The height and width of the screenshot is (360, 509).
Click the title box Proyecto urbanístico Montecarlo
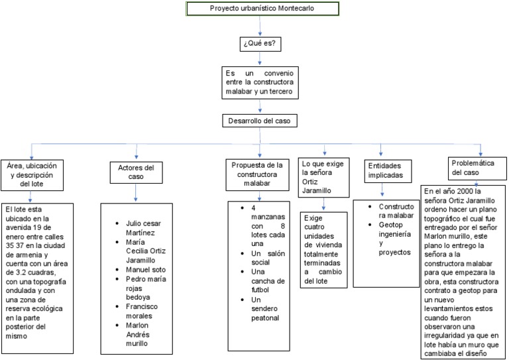[262, 9]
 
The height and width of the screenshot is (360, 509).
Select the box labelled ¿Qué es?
[259, 44]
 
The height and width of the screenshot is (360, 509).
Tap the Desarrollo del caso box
[259, 121]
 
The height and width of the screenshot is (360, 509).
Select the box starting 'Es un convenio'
[259, 82]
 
